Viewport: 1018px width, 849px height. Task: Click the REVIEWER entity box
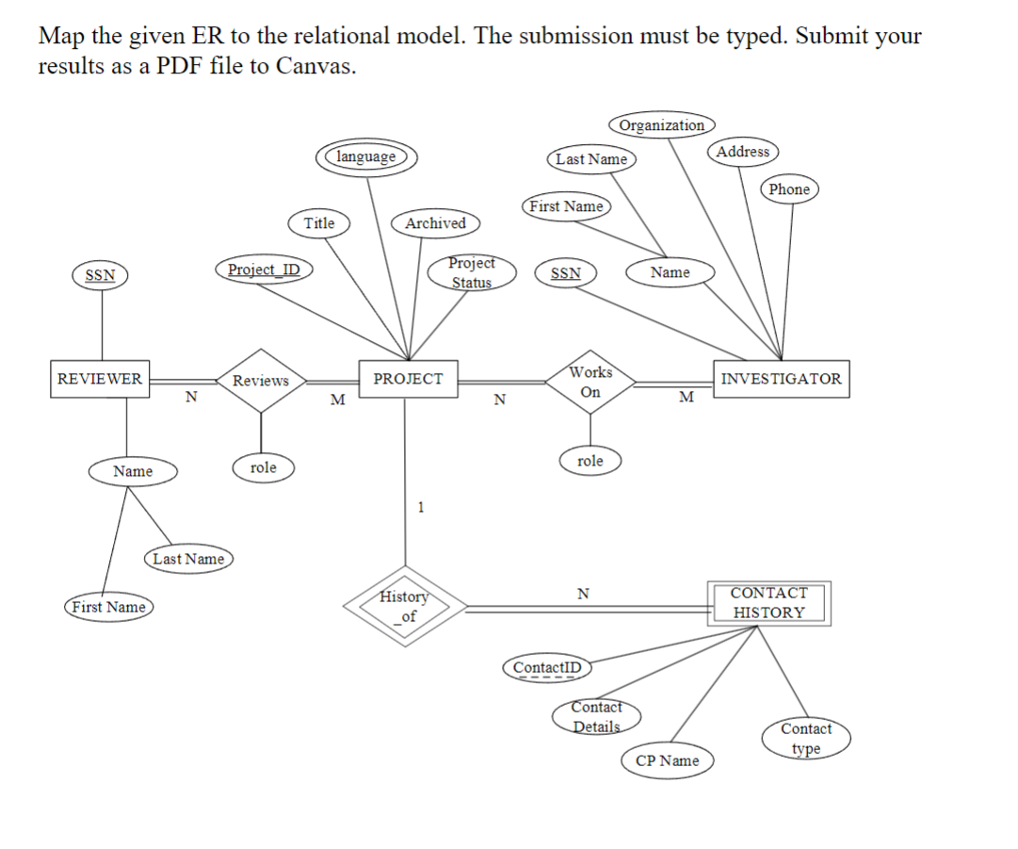[x=100, y=379]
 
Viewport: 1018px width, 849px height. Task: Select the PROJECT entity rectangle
[x=408, y=379]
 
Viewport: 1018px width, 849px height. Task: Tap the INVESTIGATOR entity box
[x=781, y=379]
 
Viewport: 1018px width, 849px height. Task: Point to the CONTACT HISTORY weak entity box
[x=768, y=603]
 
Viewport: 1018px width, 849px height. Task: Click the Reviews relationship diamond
[x=261, y=381]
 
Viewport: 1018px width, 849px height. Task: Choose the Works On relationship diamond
[x=590, y=382]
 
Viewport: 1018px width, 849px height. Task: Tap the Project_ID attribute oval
[x=264, y=269]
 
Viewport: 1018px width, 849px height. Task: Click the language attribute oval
[x=366, y=156]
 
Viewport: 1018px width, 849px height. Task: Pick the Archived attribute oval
[x=435, y=223]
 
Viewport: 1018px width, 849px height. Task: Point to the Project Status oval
[x=471, y=272]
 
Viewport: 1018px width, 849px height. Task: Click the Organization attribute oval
[x=662, y=125]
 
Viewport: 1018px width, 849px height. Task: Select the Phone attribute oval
[x=789, y=189]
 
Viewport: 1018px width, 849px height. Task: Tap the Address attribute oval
[x=743, y=152]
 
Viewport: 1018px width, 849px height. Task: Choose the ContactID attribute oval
[x=547, y=668]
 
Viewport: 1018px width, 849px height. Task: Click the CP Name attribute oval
[x=667, y=760]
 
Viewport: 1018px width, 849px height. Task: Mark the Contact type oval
[x=806, y=739]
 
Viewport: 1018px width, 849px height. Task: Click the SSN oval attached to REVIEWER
[x=101, y=275]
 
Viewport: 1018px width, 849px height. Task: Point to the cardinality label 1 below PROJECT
[x=420, y=508]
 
